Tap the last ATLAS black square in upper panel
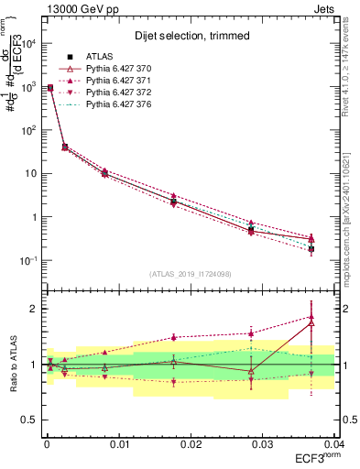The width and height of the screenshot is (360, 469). coord(311,248)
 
